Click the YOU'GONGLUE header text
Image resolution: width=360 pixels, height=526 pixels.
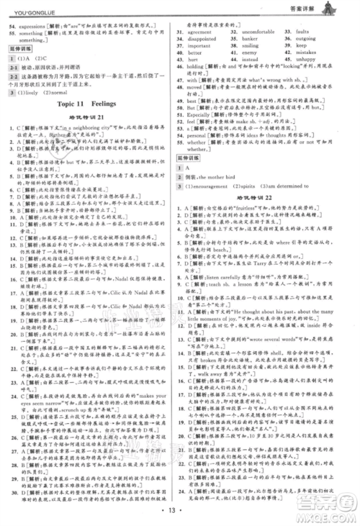point(29,9)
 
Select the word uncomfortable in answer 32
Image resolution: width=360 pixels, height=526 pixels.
point(266,32)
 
